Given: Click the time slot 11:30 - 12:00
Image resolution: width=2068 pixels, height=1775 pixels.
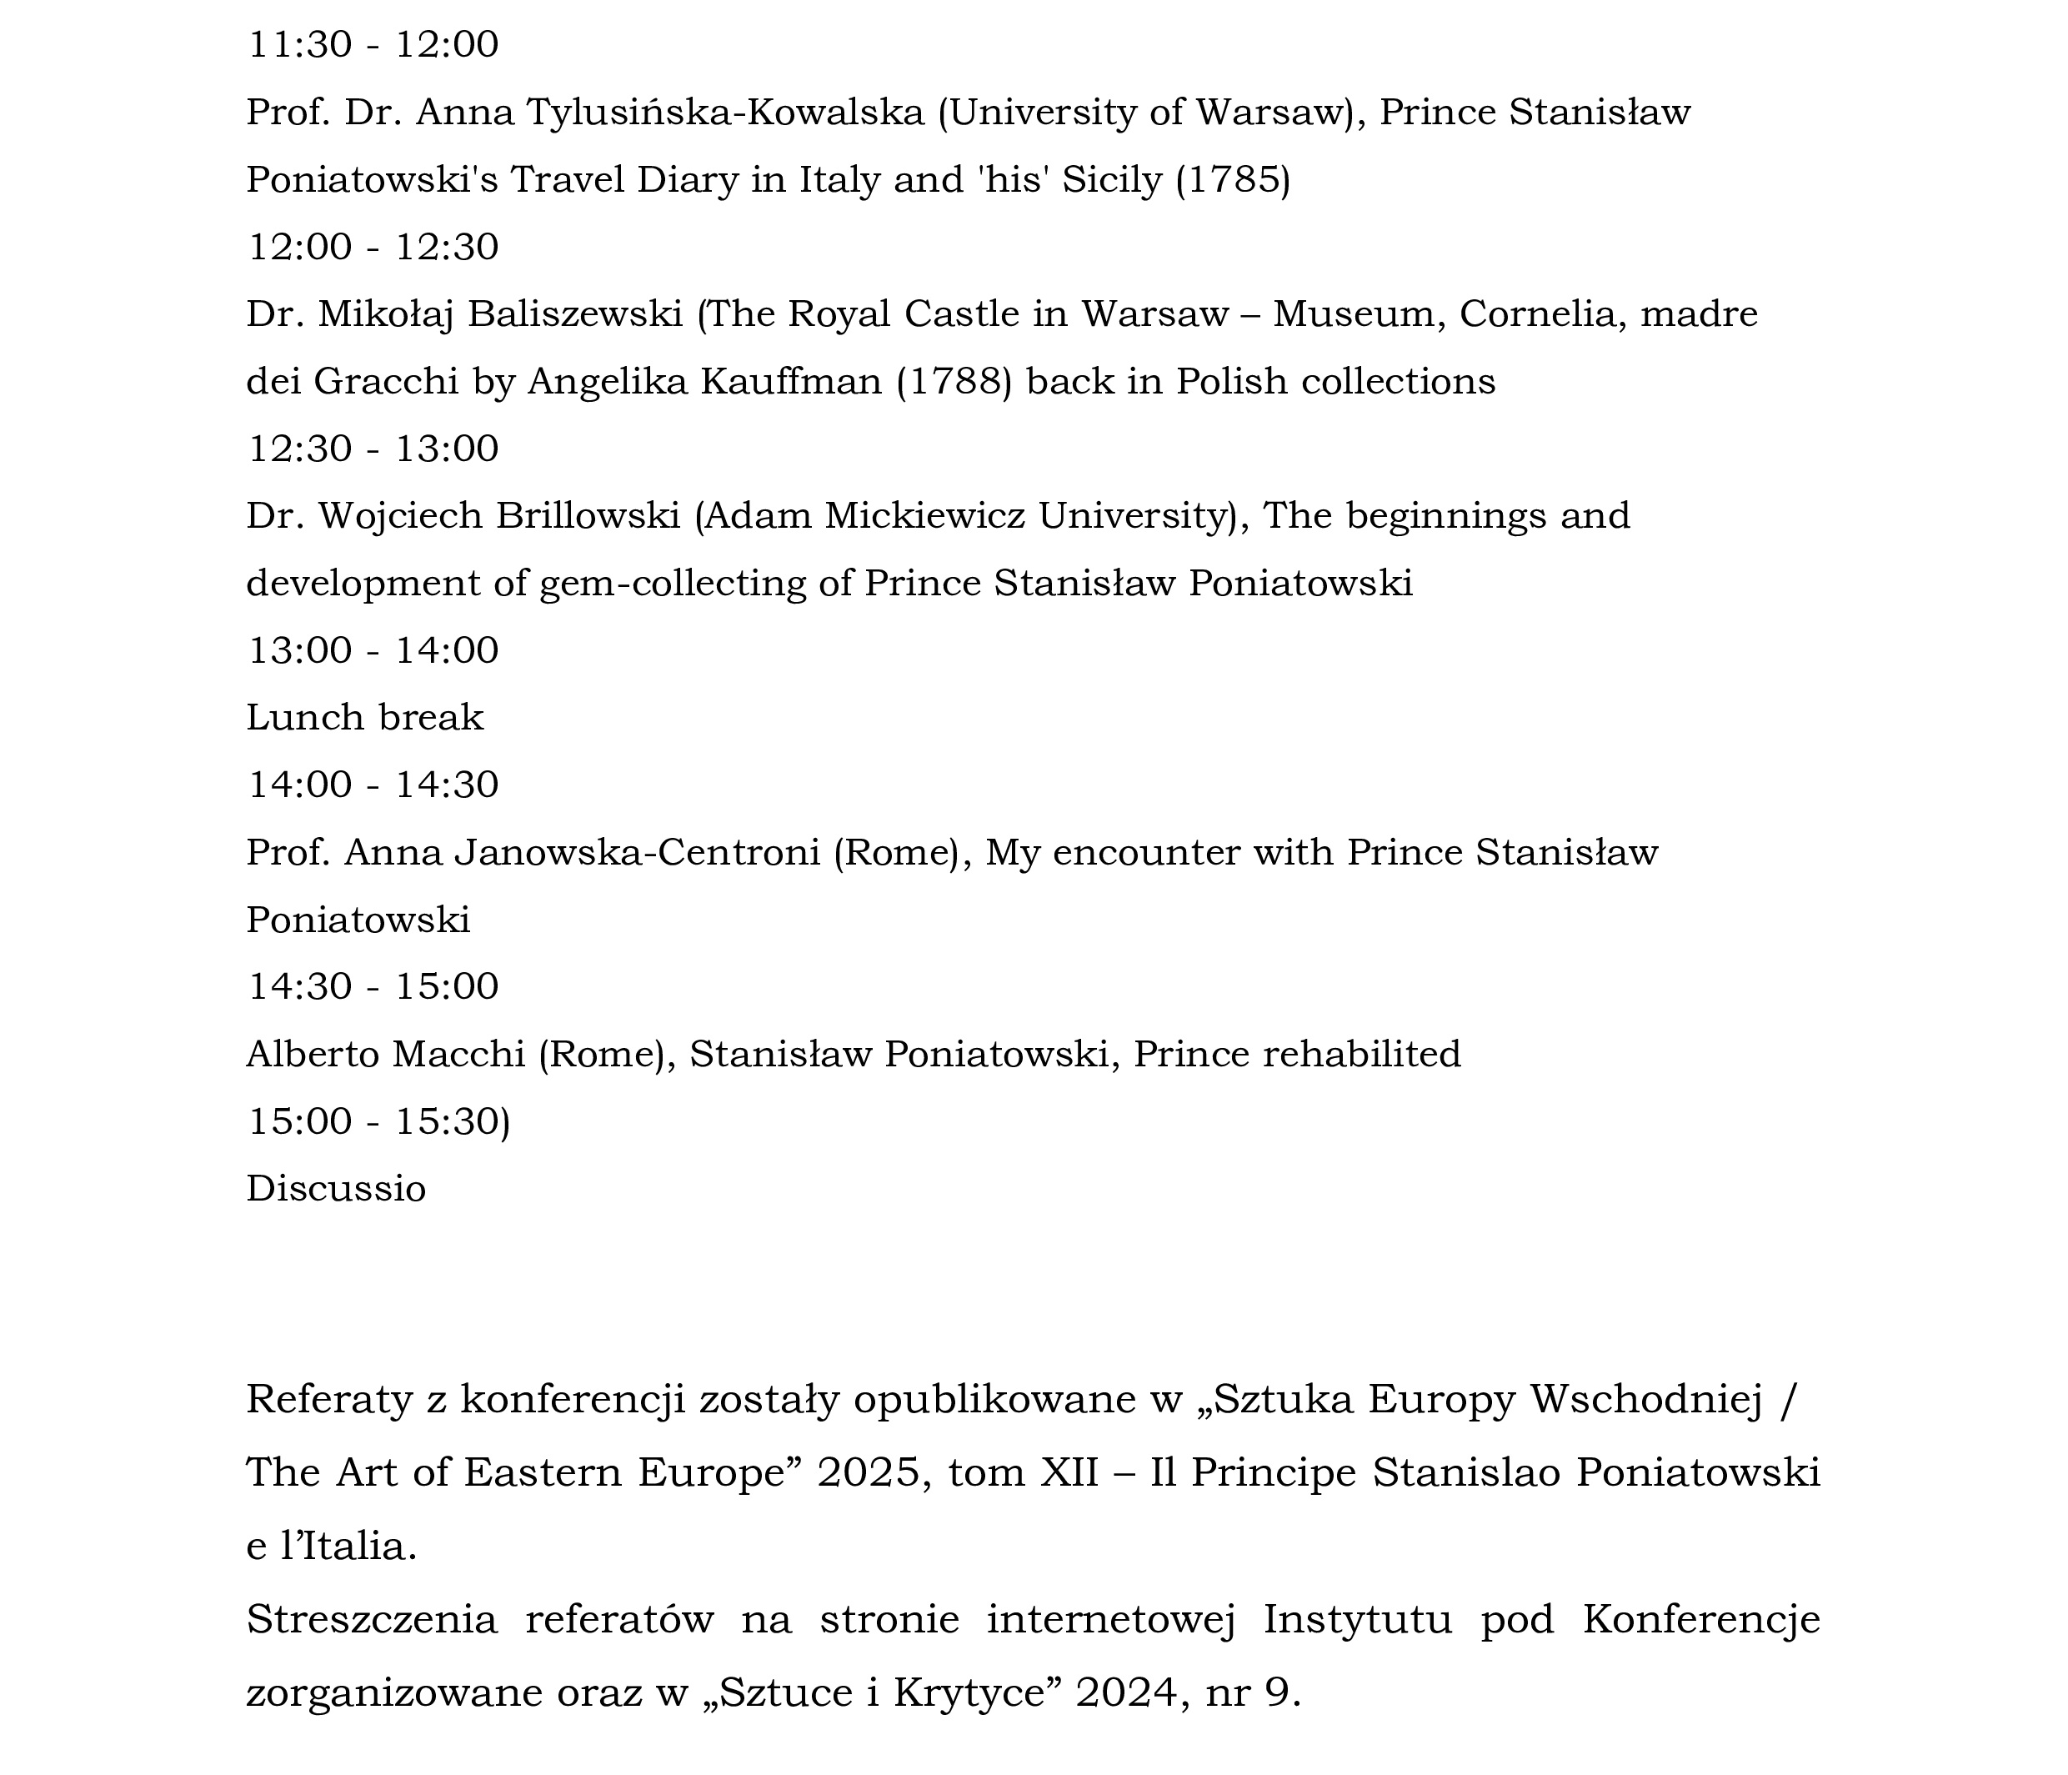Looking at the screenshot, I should (373, 45).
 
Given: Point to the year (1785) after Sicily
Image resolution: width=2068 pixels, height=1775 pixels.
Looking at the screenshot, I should (1233, 180).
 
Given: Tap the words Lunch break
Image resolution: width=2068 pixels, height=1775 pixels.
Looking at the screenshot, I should (364, 718).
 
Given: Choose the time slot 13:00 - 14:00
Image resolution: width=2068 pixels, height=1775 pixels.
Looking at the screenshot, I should (373, 651).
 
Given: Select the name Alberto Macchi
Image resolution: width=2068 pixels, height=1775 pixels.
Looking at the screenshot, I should (385, 1054).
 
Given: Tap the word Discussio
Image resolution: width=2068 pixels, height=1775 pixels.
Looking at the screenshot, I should (337, 1189).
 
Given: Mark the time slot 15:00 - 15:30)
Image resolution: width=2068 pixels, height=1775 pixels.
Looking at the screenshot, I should (378, 1122).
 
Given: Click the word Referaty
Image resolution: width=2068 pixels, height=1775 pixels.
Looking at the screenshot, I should (329, 1400).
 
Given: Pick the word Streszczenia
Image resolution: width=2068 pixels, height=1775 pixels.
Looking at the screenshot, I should (371, 1619).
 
